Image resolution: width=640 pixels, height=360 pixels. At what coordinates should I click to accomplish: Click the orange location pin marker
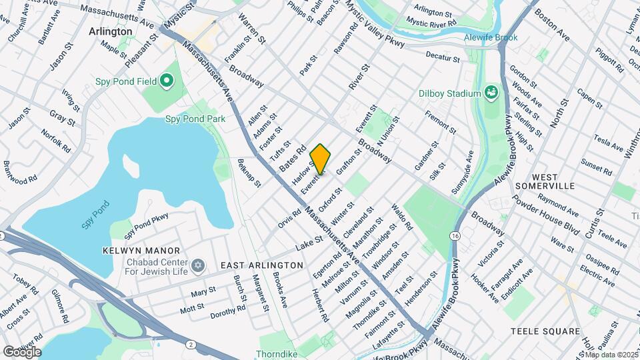[x=320, y=158]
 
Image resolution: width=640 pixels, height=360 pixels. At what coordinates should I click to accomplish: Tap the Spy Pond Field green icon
[x=165, y=82]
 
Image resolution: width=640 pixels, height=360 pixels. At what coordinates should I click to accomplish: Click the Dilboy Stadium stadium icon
[x=491, y=93]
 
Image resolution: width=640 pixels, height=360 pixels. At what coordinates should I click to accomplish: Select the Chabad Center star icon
[x=197, y=266]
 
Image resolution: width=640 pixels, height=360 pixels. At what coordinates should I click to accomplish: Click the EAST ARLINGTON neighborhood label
[x=262, y=265]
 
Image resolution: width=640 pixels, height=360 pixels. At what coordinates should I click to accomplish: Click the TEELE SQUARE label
[x=545, y=331]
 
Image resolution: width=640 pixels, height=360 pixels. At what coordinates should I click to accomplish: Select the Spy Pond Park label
[x=195, y=119]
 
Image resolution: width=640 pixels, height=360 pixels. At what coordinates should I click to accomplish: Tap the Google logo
[x=22, y=351]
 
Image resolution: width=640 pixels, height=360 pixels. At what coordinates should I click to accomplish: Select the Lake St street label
[x=309, y=241]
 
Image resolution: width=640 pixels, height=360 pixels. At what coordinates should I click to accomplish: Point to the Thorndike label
[x=277, y=355]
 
